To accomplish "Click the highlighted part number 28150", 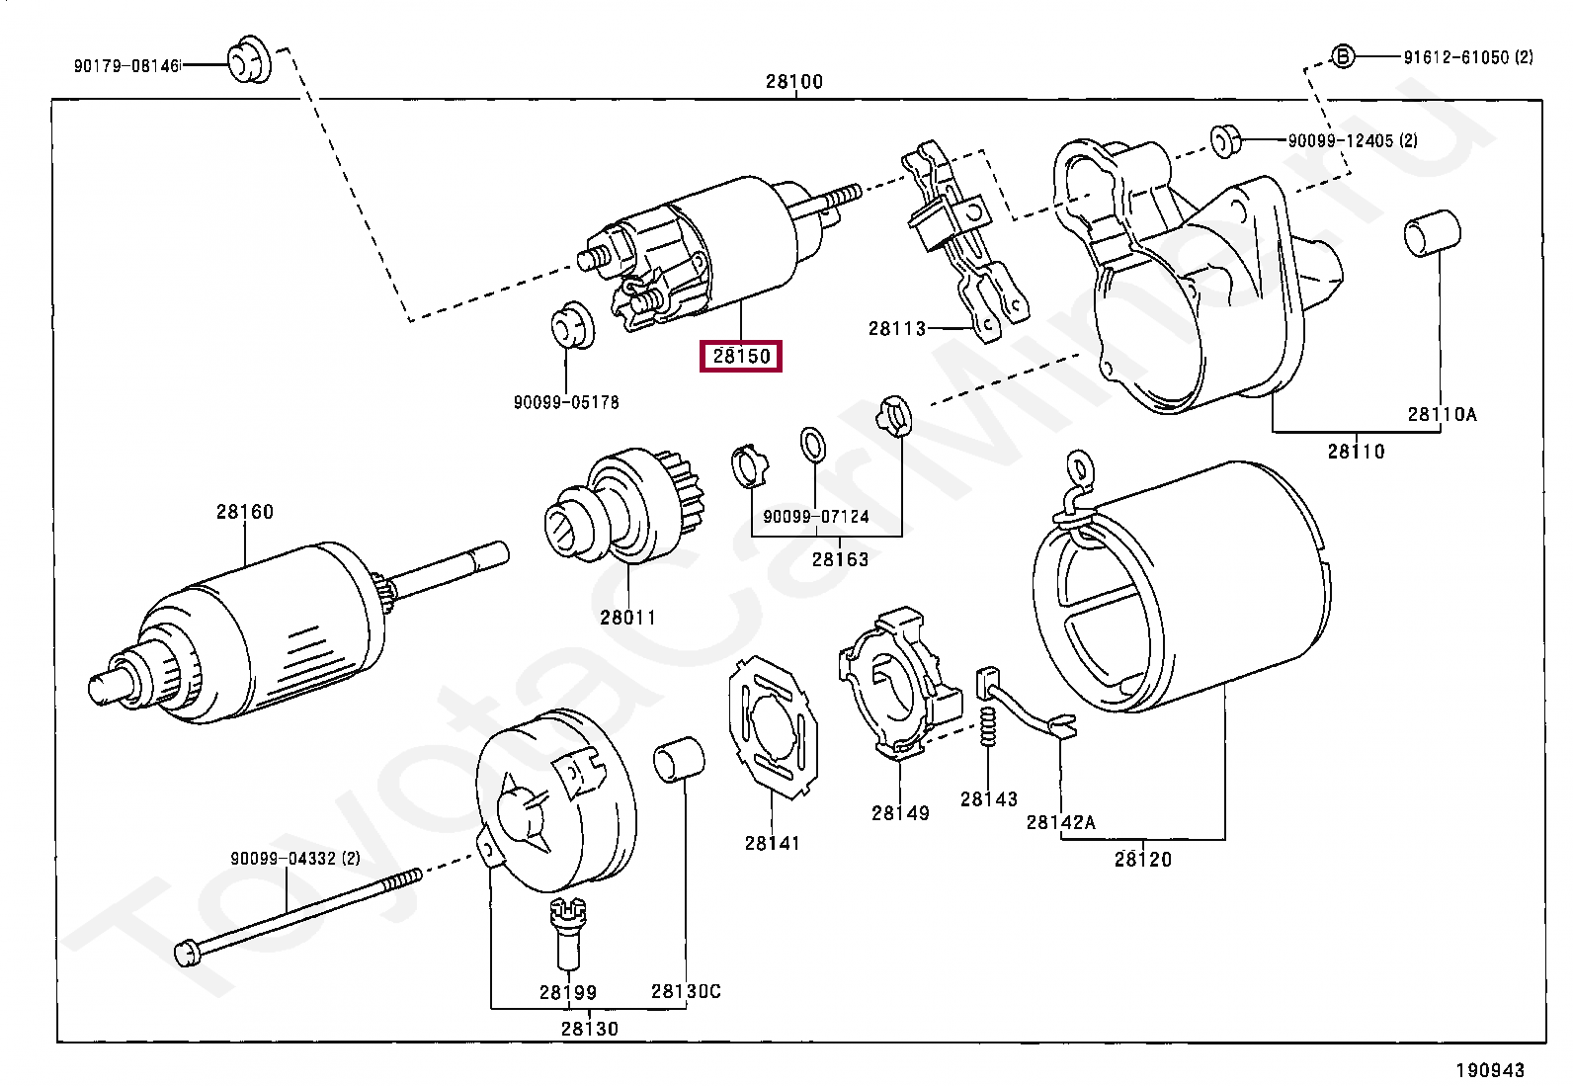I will click(740, 356).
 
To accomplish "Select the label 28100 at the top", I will click(793, 82).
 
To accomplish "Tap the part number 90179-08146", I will click(126, 66).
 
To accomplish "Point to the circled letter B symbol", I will click(1343, 56).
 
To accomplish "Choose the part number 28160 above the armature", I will click(245, 512).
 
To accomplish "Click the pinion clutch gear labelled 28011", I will click(628, 509).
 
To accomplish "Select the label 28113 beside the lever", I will click(897, 328).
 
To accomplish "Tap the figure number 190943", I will click(1489, 1069).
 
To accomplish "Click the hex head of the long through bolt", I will click(188, 952).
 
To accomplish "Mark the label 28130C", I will click(686, 991).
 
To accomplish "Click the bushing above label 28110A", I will click(1432, 235).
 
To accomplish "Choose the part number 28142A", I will click(1060, 822).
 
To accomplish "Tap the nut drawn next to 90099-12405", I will click(1225, 140).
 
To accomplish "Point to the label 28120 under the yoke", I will click(1143, 859).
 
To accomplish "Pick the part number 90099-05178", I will click(566, 402).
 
